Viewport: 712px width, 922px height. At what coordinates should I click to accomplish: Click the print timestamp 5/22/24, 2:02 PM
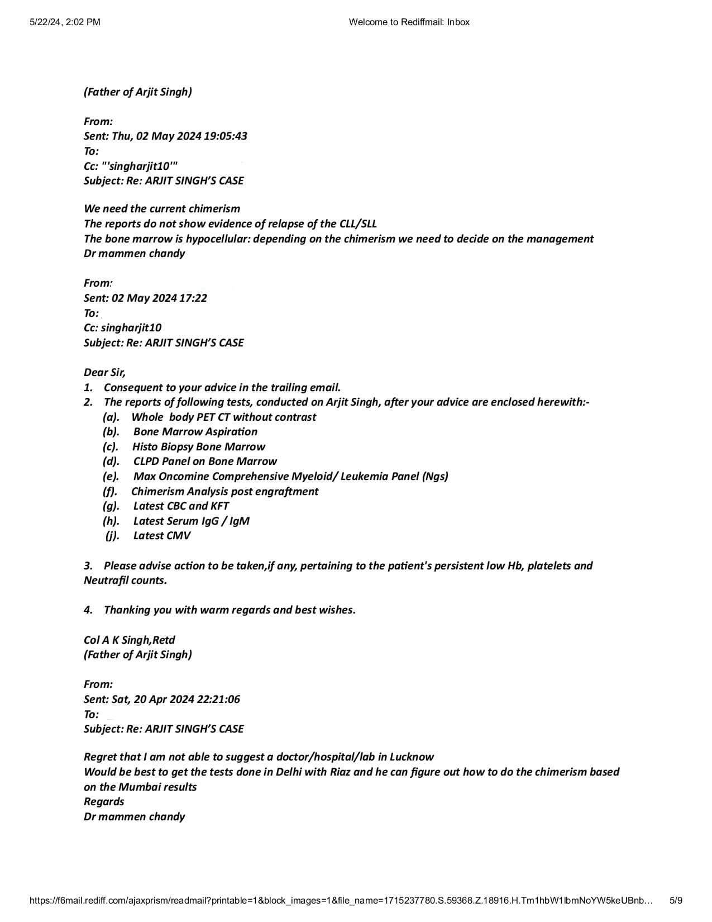point(64,22)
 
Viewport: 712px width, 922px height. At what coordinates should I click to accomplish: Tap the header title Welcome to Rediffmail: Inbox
point(409,22)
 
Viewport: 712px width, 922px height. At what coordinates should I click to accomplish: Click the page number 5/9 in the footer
point(675,900)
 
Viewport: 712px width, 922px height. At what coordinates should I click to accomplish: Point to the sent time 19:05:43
point(226,136)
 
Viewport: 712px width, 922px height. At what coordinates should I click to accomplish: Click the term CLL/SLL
point(358,224)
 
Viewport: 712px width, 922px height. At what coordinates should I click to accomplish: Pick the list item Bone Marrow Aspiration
point(195,431)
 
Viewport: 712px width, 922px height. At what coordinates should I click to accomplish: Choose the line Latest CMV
point(161,535)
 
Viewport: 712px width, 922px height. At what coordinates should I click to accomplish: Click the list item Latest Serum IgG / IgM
point(191,521)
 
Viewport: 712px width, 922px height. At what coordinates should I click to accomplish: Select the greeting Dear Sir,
point(104,372)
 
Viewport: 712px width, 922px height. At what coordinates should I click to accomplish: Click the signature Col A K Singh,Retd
point(129,640)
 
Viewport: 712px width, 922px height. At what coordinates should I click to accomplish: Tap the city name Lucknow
point(412,757)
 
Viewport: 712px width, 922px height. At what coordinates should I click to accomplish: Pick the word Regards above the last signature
point(104,801)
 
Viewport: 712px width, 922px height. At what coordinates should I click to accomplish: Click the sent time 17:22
point(193,298)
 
